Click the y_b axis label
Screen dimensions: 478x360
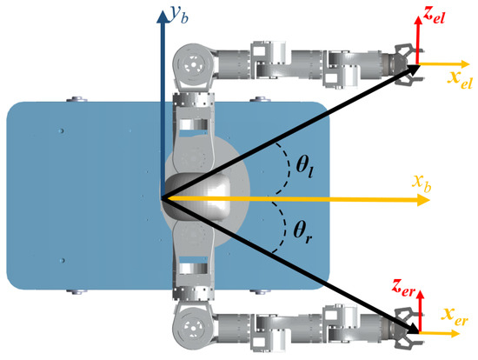point(179,16)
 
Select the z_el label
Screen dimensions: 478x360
point(434,16)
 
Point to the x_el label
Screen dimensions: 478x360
point(460,79)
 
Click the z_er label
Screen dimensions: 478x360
point(404,287)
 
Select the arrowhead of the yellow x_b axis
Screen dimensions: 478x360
point(424,200)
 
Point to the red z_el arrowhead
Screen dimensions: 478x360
point(417,20)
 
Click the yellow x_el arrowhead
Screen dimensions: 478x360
point(465,64)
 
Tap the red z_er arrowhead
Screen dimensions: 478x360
point(421,294)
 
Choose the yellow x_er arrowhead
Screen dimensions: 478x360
point(455,333)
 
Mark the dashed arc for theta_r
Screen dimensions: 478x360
point(285,228)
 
